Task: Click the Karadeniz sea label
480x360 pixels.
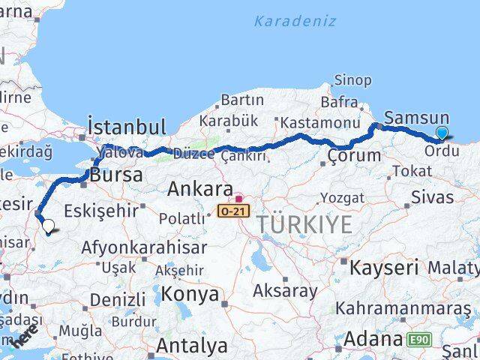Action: tap(295, 21)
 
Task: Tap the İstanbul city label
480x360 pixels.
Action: tap(127, 125)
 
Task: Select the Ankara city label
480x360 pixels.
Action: tap(199, 188)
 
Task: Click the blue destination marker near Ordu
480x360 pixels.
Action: tap(442, 133)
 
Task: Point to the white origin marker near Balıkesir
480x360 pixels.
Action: tap(48, 225)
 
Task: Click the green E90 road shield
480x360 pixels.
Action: tap(419, 340)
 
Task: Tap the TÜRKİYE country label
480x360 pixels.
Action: tap(304, 224)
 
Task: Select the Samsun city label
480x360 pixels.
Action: tap(416, 118)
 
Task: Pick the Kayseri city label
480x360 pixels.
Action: tap(384, 267)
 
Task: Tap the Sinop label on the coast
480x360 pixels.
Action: tap(352, 79)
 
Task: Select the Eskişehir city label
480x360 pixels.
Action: tap(103, 210)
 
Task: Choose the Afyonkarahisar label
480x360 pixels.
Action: tap(133, 247)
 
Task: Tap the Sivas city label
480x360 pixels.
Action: tap(433, 197)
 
